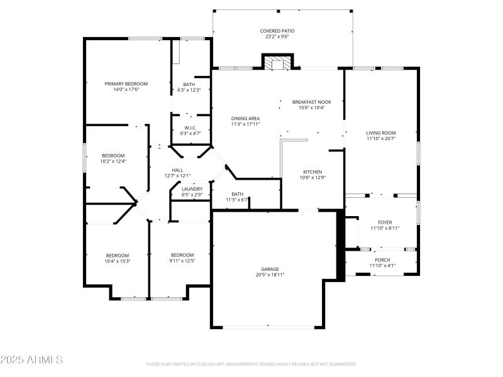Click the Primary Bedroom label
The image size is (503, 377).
click(126, 84)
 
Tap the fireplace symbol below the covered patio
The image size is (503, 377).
click(277, 63)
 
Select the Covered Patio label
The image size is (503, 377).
click(277, 31)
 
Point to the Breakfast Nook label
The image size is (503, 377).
click(311, 102)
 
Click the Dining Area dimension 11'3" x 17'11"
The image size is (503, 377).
click(245, 124)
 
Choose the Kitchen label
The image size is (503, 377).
click(312, 172)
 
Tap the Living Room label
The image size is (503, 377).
click(381, 133)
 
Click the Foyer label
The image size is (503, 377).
click(385, 222)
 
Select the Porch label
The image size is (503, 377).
click(382, 260)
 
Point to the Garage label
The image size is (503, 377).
click(270, 269)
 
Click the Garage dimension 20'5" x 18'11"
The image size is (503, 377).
click(270, 275)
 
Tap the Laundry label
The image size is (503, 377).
click(192, 189)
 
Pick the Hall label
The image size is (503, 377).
click(177, 170)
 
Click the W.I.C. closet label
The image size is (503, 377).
click(190, 128)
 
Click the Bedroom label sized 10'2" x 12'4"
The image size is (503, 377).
click(114, 156)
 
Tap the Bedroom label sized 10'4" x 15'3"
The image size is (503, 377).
click(117, 255)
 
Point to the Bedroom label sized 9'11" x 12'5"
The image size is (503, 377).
click(182, 254)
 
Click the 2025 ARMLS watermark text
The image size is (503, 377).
click(31, 360)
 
